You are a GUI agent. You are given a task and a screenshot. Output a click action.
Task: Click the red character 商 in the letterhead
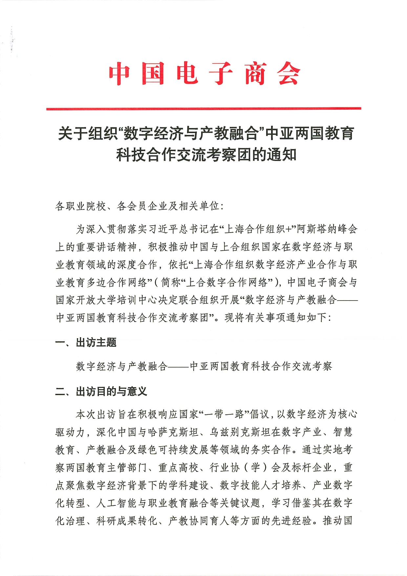pos(255,74)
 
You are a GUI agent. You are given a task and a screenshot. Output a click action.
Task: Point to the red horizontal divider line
pos(203,108)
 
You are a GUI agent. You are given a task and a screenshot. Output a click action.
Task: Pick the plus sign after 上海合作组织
pos(289,229)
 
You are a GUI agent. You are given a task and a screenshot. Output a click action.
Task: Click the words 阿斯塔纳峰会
pos(327,229)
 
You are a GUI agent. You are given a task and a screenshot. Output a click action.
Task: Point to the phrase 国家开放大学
pos(86,300)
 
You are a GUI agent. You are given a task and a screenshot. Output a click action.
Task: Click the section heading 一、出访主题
pos(86,343)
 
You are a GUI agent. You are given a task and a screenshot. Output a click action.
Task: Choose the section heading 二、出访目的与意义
pos(101,391)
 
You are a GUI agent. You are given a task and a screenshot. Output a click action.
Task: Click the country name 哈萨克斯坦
pos(173,432)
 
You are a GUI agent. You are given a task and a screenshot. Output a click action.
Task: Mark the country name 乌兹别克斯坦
pos(240,432)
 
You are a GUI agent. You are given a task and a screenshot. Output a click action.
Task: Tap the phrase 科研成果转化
pos(127,521)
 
